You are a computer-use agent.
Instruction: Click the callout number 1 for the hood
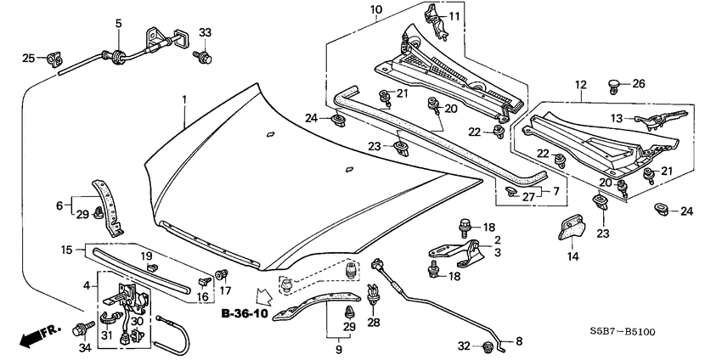point(183,100)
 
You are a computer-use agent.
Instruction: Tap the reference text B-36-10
point(244,314)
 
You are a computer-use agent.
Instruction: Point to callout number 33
point(205,33)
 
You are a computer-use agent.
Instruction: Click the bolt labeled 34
point(87,326)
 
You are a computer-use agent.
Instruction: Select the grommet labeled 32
point(488,346)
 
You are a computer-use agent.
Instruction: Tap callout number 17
point(225,290)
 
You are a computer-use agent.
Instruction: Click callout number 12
point(580,85)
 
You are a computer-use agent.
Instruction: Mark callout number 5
point(118,23)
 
